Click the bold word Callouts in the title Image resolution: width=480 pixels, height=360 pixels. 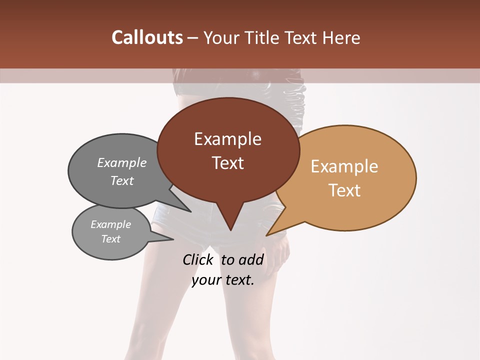[147, 37]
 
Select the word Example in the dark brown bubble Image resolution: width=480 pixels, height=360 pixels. [227, 139]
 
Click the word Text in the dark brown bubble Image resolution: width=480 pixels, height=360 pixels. [227, 163]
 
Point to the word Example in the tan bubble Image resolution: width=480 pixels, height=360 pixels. [344, 166]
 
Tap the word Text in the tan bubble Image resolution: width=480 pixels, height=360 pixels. [344, 190]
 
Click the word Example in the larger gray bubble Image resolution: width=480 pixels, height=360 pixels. [122, 163]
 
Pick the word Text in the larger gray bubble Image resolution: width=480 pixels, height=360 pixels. [122, 180]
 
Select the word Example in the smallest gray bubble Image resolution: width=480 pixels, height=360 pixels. [110, 224]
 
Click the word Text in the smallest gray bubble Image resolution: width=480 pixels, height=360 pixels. [110, 239]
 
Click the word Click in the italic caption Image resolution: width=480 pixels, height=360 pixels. [197, 260]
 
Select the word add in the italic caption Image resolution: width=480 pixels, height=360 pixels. [251, 260]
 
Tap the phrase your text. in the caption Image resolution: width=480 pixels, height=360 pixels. [223, 280]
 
